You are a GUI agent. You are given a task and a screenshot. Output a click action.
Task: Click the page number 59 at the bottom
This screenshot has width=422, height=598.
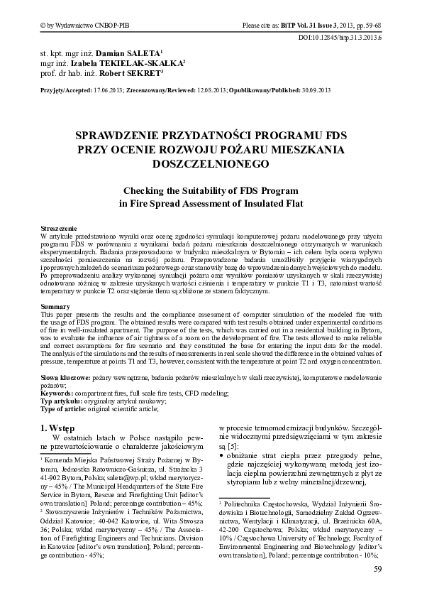(x=378, y=570)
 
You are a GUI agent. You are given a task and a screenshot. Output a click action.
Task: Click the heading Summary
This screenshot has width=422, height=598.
(x=55, y=305)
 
